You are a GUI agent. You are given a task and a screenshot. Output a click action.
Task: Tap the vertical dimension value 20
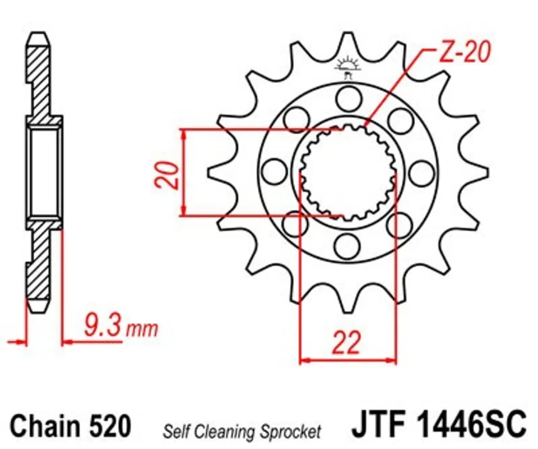pyautogui.click(x=167, y=175)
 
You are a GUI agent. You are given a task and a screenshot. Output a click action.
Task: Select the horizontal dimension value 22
pyautogui.click(x=346, y=342)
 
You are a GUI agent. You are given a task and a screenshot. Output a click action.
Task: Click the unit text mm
pyautogui.click(x=142, y=329)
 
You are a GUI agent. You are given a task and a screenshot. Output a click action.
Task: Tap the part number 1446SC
pyautogui.click(x=471, y=423)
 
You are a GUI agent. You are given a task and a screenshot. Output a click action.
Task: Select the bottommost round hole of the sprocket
pyautogui.click(x=347, y=246)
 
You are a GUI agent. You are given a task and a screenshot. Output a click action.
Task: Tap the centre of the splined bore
pyautogui.click(x=348, y=173)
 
